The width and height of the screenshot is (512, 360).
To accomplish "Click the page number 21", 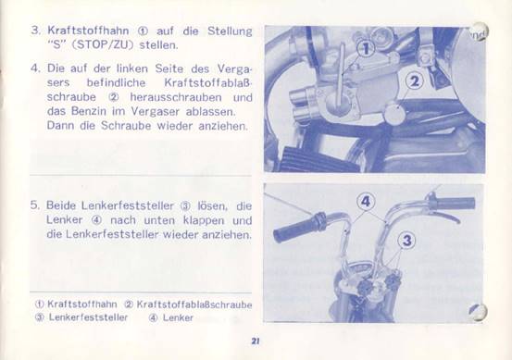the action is tap(256, 341).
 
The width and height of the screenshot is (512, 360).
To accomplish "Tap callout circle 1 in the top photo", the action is tap(366, 49).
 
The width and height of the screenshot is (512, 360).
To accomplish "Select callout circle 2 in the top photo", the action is tap(415, 81).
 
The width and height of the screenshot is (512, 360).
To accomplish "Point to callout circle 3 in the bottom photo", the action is tap(406, 241).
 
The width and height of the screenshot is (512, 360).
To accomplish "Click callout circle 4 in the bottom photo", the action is tap(366, 202).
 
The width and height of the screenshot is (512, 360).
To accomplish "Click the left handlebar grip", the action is tap(298, 227).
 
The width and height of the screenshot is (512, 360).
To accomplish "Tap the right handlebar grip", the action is tap(452, 203).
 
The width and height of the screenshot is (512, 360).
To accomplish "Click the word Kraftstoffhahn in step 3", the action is tap(88, 31).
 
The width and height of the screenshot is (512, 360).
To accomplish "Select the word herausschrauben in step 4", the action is tap(176, 97).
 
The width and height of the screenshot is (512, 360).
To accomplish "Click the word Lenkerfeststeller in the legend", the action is tap(88, 317).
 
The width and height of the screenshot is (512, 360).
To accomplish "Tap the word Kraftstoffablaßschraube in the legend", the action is tap(194, 304).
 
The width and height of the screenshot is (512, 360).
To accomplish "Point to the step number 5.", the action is tap(34, 205).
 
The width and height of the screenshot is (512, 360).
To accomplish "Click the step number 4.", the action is tap(34, 68).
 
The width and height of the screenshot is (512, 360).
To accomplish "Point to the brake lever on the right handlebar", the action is tap(444, 216).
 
